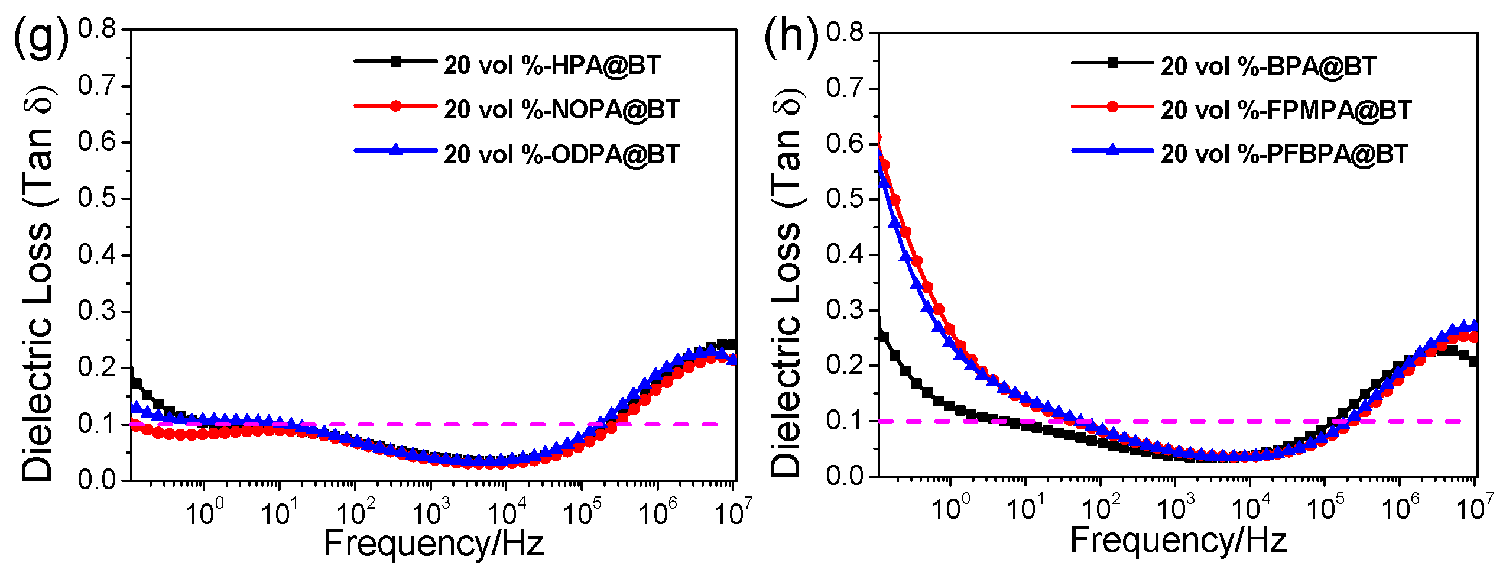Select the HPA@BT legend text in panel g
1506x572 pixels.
click(552, 65)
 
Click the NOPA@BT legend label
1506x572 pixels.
click(562, 109)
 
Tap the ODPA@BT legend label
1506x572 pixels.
click(562, 154)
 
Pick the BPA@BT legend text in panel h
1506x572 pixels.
click(1268, 66)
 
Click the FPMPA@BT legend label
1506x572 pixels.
click(1286, 110)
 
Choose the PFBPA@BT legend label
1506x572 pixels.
click(1284, 154)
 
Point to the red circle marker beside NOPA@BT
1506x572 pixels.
click(395, 106)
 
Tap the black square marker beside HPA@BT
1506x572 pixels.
click(395, 61)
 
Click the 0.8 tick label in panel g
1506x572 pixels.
click(97, 28)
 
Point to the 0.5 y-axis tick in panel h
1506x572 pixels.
click(845, 199)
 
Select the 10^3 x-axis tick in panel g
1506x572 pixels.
click(431, 512)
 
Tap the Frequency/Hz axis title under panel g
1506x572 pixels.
click(434, 543)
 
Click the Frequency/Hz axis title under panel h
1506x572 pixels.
click(1179, 540)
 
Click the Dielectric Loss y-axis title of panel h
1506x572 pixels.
click(787, 284)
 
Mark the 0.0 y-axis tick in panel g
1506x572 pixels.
click(97, 479)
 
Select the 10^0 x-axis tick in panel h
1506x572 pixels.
click(950, 508)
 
